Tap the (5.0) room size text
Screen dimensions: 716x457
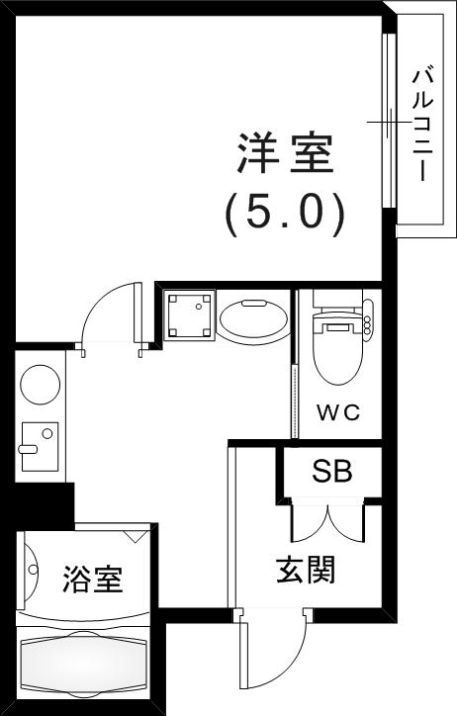click(284, 212)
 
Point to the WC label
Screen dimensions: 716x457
click(336, 410)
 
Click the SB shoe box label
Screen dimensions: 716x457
click(331, 472)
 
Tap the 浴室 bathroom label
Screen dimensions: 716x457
click(93, 580)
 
